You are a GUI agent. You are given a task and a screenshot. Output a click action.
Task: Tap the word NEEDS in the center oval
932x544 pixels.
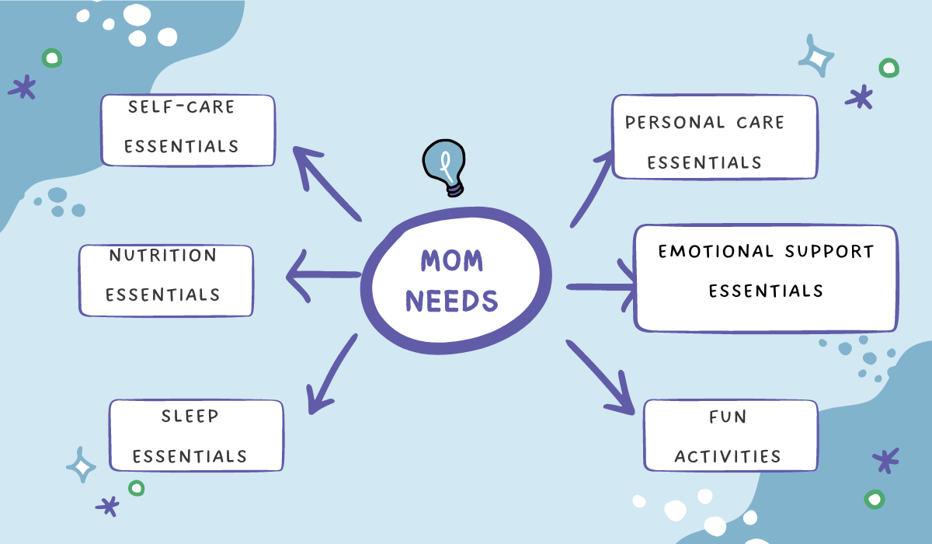(452, 299)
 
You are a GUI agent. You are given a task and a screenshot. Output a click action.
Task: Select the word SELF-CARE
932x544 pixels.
(181, 106)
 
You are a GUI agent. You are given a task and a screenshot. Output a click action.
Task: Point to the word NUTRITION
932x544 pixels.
(162, 255)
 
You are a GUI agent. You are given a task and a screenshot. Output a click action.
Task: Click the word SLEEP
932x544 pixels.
(190, 416)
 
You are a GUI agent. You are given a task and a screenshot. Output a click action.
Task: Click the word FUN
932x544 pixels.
(729, 417)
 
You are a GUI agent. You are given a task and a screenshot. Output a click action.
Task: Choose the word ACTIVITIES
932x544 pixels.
(728, 456)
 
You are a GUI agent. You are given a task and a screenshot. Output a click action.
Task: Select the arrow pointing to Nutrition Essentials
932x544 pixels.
(322, 274)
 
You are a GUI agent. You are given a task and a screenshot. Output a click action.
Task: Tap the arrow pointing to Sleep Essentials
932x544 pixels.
(332, 374)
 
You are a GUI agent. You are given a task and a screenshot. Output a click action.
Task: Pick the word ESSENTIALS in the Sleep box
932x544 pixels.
(190, 456)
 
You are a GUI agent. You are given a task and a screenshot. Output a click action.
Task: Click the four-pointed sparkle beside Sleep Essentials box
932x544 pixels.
(81, 465)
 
